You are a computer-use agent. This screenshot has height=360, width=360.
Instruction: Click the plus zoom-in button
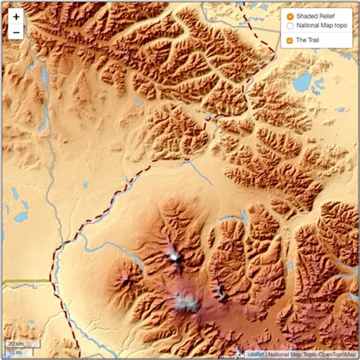coord(16,16)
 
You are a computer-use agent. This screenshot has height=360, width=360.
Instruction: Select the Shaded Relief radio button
coord(290,16)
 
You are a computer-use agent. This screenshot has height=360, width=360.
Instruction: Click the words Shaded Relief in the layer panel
coord(315,16)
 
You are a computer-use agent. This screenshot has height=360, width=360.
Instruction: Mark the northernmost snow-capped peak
coord(175,257)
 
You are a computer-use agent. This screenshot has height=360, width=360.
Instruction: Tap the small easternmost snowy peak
coord(219,290)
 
